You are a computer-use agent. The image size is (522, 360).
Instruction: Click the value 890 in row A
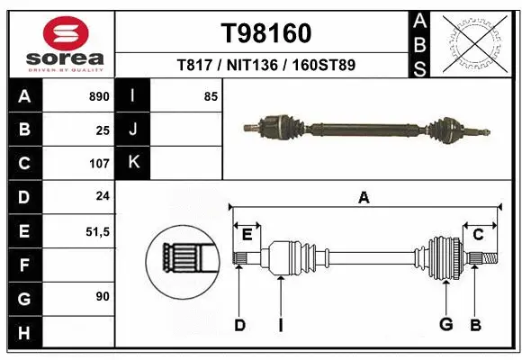[98, 96]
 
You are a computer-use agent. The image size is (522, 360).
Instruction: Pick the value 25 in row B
[103, 130]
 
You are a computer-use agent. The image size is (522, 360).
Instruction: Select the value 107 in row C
[98, 164]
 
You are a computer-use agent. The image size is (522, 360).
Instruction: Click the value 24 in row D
[103, 197]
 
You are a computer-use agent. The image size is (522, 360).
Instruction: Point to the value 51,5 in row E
[97, 231]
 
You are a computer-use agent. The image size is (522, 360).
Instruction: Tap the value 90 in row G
[103, 297]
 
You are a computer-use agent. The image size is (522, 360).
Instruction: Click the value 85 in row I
[211, 96]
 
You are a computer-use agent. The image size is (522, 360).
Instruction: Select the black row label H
[23, 332]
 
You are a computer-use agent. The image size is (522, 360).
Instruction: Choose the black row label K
[133, 163]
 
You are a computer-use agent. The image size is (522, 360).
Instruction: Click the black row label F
[23, 265]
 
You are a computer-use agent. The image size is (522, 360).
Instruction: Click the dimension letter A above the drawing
[364, 198]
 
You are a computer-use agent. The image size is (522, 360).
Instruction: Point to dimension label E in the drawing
[247, 234]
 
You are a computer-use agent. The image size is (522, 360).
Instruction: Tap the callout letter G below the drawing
[445, 324]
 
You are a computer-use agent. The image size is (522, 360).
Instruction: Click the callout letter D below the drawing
[239, 324]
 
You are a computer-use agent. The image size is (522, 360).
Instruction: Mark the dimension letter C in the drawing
[478, 234]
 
